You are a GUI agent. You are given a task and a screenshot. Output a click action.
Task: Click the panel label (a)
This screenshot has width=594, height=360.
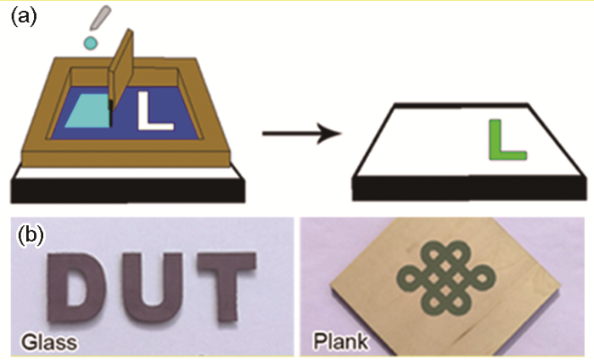(x=24, y=18)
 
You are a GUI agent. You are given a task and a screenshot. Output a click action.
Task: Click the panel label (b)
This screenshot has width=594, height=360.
(x=31, y=235)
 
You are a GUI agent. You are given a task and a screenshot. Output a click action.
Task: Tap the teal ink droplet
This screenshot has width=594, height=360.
(x=91, y=42)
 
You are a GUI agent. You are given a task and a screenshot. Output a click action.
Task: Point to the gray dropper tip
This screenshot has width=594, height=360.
(x=100, y=18)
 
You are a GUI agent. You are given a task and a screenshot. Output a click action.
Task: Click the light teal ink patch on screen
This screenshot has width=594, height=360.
(x=89, y=111)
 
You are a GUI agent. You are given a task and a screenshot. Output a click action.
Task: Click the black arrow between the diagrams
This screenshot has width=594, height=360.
(x=302, y=133)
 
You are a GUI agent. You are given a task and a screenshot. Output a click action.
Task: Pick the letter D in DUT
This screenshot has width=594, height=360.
(x=75, y=287)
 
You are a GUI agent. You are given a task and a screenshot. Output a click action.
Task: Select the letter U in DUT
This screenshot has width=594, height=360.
(x=151, y=288)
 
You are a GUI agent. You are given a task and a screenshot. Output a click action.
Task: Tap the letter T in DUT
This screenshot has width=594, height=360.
(x=227, y=288)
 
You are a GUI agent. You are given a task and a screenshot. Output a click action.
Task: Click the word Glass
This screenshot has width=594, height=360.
(x=49, y=342)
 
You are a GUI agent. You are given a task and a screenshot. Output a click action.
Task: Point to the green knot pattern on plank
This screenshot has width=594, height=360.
(x=445, y=278)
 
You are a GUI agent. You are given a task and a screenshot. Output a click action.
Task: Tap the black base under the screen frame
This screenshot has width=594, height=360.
(x=127, y=190)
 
